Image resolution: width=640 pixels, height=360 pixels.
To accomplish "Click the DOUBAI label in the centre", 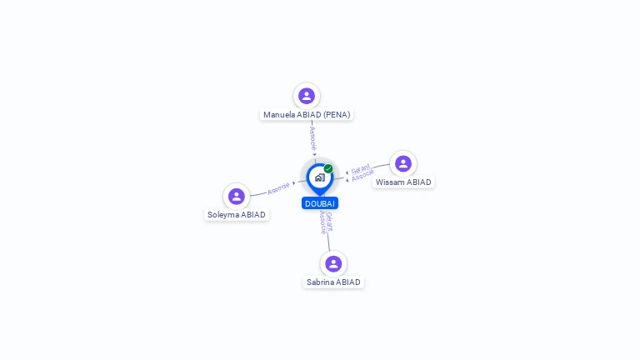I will (320, 203).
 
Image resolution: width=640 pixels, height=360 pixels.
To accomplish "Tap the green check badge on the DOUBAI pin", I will (328, 169).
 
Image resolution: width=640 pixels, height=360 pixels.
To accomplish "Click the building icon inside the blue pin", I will (319, 177).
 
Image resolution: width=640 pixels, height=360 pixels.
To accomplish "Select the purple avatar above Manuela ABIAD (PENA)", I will (307, 96).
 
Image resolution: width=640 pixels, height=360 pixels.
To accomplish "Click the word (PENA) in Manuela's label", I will (337, 115).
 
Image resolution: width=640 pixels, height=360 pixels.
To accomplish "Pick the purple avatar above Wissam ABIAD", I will (403, 163).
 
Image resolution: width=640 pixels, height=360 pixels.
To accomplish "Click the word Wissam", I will (389, 182).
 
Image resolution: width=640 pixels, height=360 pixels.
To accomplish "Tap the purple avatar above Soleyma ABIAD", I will (237, 196).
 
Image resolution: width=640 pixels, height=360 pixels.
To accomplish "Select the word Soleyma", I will (223, 215).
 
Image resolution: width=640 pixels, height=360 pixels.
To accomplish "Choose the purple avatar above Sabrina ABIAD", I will (333, 263).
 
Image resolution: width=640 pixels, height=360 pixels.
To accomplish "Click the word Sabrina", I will (320, 282).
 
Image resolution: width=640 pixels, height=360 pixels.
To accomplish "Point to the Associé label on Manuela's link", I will (312, 137).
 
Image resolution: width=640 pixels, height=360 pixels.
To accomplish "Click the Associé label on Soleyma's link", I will (278, 187).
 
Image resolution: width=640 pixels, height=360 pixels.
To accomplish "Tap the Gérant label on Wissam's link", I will (361, 168).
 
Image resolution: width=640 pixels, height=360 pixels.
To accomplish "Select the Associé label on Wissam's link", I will (363, 176).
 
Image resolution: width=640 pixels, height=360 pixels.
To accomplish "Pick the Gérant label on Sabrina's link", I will (329, 220).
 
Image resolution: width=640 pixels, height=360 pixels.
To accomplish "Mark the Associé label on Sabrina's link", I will (322, 222).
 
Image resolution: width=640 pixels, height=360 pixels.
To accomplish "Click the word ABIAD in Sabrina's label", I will (348, 282).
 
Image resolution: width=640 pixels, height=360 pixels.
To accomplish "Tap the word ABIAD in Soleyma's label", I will (253, 215).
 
